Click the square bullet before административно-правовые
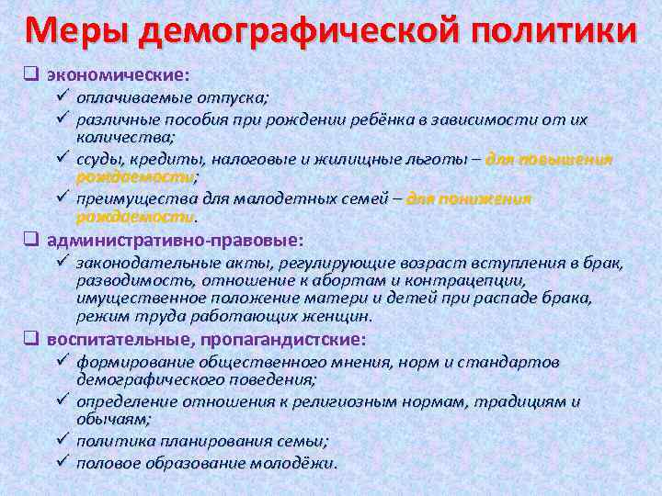coord(30,240)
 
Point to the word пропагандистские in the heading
coord(255,338)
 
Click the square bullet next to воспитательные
coord(30,338)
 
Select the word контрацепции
coord(474,280)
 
